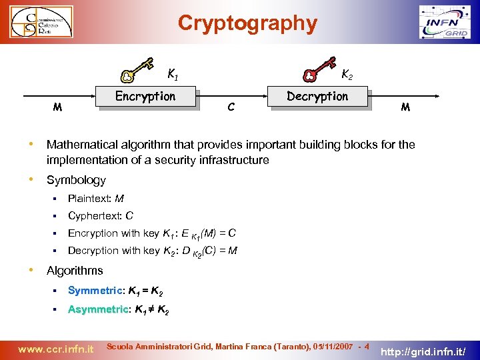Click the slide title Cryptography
click(x=247, y=23)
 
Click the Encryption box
click(x=146, y=97)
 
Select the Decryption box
click(x=318, y=97)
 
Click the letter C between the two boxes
click(x=230, y=106)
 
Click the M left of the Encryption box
click(x=58, y=107)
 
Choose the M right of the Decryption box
click(x=405, y=106)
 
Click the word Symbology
click(x=76, y=180)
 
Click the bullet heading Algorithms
click(x=75, y=270)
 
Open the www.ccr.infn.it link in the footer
click(x=55, y=348)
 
